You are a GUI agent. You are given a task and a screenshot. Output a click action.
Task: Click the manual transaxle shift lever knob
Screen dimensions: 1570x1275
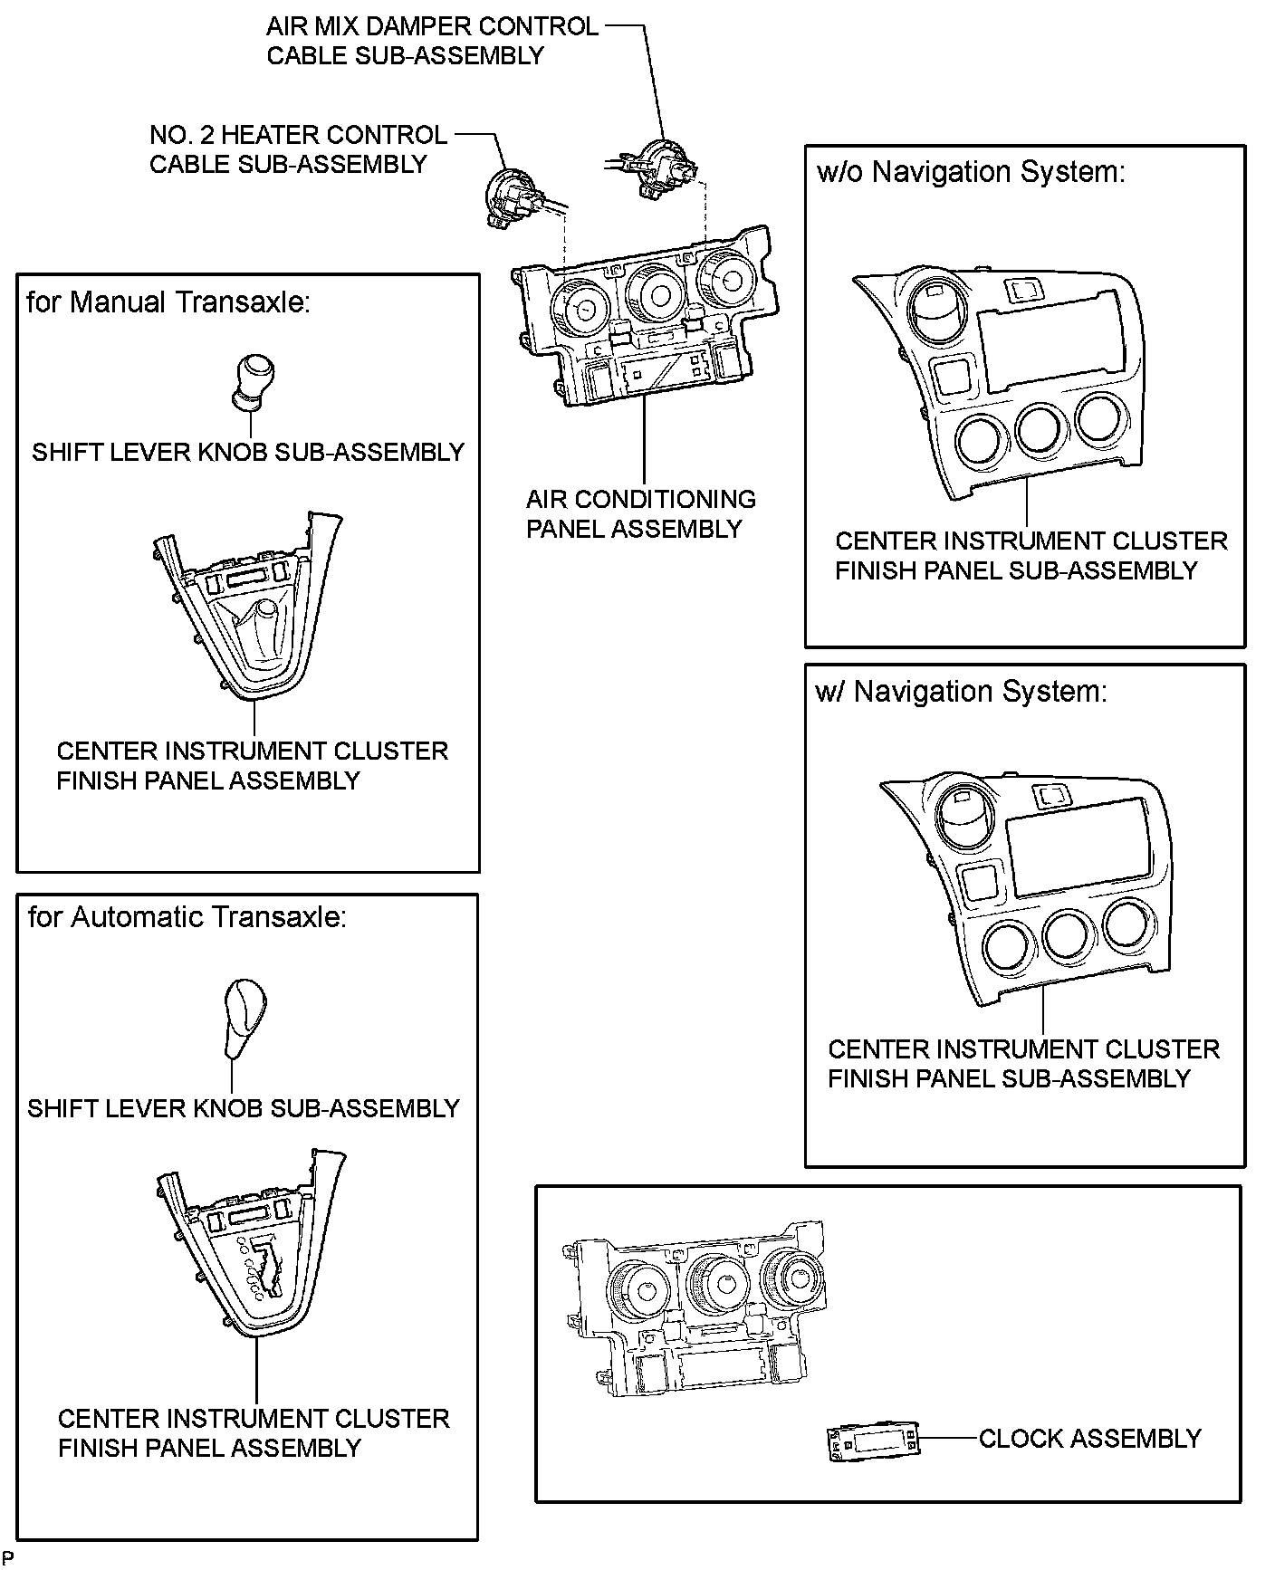click(253, 378)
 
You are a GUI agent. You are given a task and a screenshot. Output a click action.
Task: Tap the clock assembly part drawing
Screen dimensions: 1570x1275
click(873, 1441)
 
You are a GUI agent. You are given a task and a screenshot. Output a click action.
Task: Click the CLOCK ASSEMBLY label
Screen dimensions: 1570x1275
click(1089, 1438)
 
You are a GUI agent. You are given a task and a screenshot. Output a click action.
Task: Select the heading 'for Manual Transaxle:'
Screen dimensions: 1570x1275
click(168, 302)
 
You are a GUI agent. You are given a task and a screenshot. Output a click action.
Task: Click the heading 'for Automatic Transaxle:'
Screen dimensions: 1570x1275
click(187, 917)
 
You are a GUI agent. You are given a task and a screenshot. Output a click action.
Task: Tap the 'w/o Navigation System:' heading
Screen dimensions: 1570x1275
click(970, 171)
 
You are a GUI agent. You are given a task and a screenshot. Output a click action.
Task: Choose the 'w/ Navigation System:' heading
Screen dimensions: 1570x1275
click(961, 692)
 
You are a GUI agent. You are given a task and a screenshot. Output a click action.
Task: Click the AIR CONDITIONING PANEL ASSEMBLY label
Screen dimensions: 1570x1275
click(640, 513)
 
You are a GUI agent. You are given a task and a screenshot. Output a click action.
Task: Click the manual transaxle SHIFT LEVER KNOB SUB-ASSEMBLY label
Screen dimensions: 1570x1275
click(247, 452)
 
